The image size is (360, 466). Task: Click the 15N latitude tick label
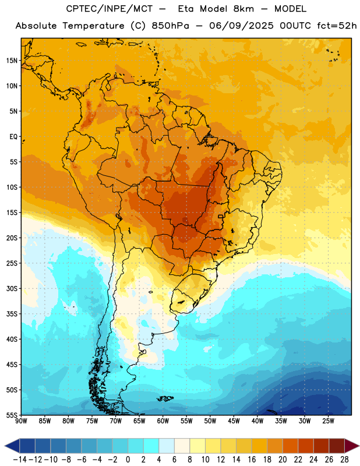point(12,61)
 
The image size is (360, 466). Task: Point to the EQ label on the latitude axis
point(13,137)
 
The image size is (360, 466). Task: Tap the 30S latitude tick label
point(12,288)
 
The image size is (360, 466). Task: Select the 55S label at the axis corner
point(12,415)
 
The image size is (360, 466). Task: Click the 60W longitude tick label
point(163,421)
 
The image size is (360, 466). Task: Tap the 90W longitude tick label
point(21,421)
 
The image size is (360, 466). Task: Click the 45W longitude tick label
point(234,421)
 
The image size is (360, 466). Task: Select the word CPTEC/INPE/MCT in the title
point(109,9)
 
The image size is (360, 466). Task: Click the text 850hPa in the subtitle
point(170,26)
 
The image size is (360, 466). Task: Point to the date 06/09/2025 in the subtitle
point(241,26)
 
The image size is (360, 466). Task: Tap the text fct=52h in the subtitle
point(337,26)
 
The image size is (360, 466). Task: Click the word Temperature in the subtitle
point(93,26)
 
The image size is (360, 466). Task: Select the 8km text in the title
point(243,9)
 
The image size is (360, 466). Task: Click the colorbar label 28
point(344,460)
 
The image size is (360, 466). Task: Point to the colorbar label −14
point(20,460)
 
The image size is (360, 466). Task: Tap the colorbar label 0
point(128,460)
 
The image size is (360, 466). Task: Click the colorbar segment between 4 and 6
point(167,446)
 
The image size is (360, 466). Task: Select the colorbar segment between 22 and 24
point(306,446)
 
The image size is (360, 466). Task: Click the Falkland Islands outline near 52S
point(165,398)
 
